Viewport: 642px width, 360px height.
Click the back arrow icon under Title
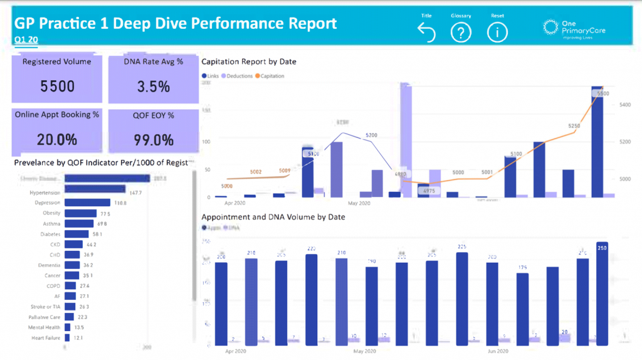(x=426, y=33)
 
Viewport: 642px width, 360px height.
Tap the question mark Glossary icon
(x=461, y=33)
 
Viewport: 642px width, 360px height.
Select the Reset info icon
(x=498, y=33)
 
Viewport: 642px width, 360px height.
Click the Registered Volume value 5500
(x=57, y=87)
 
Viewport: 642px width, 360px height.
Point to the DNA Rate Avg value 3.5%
(x=154, y=87)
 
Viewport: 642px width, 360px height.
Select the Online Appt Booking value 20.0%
(x=57, y=139)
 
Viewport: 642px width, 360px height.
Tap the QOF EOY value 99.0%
(x=154, y=139)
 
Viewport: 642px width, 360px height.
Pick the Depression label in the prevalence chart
(x=48, y=203)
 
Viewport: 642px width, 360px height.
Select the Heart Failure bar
(x=68, y=338)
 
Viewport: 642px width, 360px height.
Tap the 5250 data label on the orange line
(x=574, y=126)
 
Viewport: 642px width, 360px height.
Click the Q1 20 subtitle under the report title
(x=24, y=39)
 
